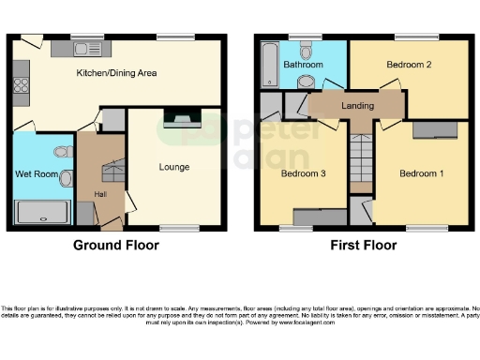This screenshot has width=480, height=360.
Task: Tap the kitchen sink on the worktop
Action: [92, 49]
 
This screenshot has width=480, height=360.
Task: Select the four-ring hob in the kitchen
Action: [18, 90]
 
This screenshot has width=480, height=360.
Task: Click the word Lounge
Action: [174, 168]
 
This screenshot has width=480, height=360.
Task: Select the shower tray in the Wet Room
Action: [43, 212]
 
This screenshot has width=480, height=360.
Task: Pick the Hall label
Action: [99, 194]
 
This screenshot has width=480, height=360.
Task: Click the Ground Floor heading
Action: [116, 246]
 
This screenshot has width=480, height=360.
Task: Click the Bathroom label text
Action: [305, 65]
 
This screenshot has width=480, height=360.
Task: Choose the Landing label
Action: [357, 106]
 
